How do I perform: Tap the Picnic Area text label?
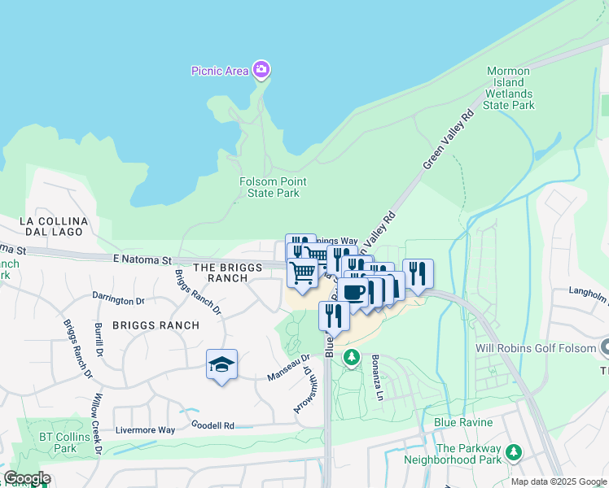(220, 71)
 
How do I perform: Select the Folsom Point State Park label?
(269, 187)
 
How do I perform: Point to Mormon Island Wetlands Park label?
(509, 88)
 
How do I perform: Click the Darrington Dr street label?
(118, 299)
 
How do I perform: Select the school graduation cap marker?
(221, 365)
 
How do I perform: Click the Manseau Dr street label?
(288, 368)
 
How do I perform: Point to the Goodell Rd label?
(212, 425)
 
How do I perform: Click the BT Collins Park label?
(58, 442)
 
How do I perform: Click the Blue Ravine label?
(463, 422)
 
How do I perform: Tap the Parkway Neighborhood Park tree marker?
(514, 451)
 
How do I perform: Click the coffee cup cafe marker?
(354, 293)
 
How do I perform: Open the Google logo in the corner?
(27, 478)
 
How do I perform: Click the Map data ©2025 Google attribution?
(558, 481)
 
